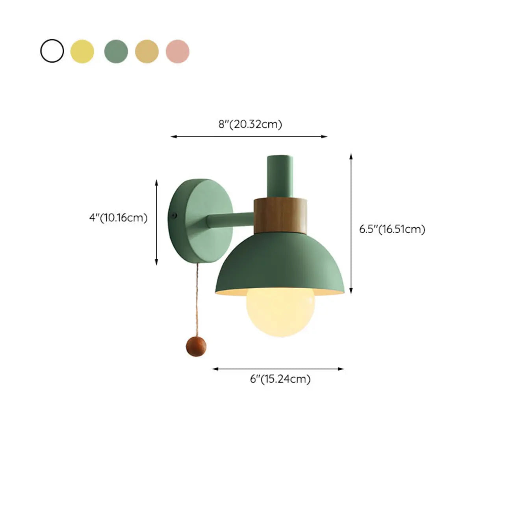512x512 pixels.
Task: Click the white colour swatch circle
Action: pos(52,51)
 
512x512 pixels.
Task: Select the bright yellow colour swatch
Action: pos(82,51)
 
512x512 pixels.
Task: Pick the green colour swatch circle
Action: pos(116,51)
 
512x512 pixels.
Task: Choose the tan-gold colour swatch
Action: pos(147,51)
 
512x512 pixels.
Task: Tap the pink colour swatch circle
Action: pos(178,51)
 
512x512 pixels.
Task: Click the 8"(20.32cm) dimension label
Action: pos(250,124)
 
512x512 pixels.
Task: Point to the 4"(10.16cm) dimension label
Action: pos(118,217)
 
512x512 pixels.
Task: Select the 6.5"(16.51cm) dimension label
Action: pos(392,229)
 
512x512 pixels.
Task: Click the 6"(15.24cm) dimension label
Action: pos(280,379)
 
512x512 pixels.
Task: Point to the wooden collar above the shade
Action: pos(280,215)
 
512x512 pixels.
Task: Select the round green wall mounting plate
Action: pos(205,223)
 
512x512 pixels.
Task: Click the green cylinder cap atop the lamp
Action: pos(280,175)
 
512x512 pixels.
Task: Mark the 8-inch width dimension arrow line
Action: pos(249,137)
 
